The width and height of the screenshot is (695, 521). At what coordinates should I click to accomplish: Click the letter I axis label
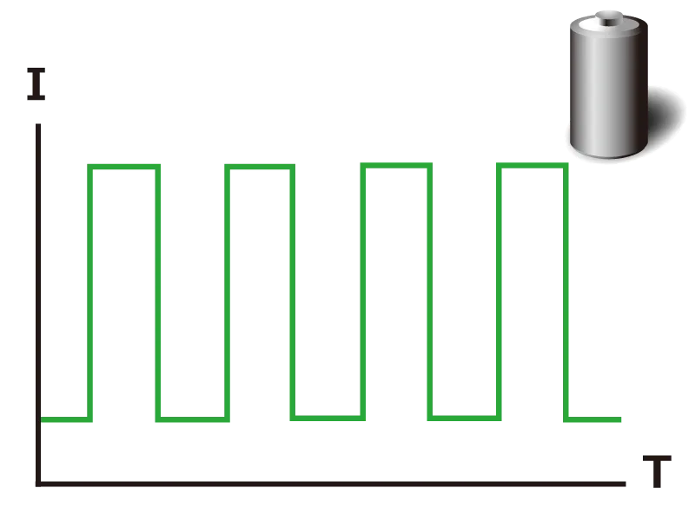point(36,83)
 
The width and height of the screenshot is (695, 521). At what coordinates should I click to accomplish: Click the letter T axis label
point(657,471)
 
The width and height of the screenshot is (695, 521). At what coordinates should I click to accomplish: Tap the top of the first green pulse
point(123,167)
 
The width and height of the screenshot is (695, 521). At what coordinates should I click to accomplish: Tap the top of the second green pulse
point(260,167)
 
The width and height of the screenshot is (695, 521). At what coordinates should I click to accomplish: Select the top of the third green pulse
point(396,165)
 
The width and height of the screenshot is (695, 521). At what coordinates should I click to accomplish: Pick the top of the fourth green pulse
point(532,165)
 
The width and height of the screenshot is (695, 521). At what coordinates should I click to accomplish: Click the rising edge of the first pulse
point(90,293)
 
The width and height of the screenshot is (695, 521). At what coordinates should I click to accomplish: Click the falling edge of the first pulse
point(158,293)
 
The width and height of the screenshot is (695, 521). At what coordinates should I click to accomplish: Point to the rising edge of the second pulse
point(228,293)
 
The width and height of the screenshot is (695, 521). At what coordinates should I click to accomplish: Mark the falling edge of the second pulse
point(293,293)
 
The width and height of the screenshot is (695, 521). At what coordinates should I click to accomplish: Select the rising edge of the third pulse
point(363,292)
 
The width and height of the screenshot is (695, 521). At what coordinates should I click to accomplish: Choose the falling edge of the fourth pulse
point(566,293)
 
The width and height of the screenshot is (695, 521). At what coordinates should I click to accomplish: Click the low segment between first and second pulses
point(192,419)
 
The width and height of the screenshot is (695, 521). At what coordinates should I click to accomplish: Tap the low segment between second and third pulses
point(328,419)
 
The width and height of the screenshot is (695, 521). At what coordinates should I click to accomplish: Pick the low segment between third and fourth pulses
point(464,419)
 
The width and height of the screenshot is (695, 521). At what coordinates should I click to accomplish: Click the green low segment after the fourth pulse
point(592,419)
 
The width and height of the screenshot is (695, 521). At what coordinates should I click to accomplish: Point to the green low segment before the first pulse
point(67,419)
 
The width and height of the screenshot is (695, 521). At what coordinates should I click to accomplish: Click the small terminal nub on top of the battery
point(609,18)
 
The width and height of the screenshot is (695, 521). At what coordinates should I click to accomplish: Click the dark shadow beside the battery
point(665,115)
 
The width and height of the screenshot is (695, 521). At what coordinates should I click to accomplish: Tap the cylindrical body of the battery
point(609,89)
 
